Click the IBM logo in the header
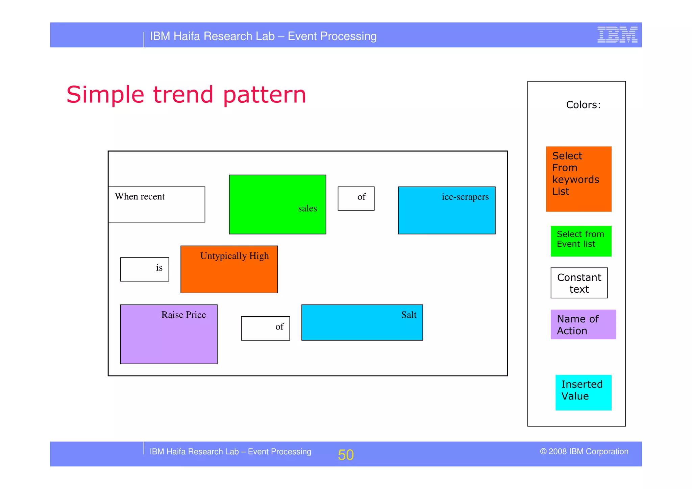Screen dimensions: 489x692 pos(617,35)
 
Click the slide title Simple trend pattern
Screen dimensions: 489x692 pos(186,95)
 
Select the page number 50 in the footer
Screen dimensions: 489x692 pos(346,455)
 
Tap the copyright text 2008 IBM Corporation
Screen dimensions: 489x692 pos(584,451)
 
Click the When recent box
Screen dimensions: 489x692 pos(156,204)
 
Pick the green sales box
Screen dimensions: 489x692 pos(277,204)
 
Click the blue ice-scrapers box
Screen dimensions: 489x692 pos(446,210)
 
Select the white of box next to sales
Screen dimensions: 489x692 pos(356,198)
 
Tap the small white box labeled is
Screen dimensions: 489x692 pos(145,269)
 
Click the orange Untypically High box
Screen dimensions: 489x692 pos(229,269)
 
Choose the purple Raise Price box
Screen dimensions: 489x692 pos(169,334)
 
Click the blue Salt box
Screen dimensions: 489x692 pos(362,322)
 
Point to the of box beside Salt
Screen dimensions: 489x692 pos(265,328)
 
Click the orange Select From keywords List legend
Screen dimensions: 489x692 pos(578,179)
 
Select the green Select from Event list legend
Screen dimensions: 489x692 pos(581,241)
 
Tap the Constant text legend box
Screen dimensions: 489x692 pos(579,283)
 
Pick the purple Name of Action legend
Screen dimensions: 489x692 pos(583,324)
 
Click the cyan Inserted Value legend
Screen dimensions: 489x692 pos(583,392)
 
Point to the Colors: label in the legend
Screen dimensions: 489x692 pos(583,105)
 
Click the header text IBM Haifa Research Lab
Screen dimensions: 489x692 pos(263,36)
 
